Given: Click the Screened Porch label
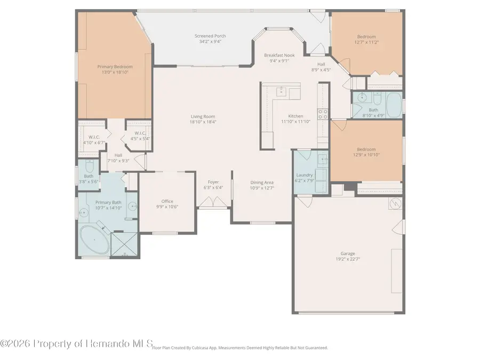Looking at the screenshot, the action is pyautogui.click(x=210, y=36).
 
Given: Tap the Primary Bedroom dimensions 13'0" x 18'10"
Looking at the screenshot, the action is pyautogui.click(x=115, y=72).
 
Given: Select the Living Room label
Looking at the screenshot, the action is pyautogui.click(x=203, y=116).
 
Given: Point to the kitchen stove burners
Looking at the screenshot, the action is pyautogui.click(x=323, y=114).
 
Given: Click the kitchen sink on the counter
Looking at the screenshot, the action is pyautogui.click(x=281, y=91).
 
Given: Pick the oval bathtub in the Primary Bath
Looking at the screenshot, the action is pyautogui.click(x=94, y=240).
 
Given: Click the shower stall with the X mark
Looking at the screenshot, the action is pyautogui.click(x=124, y=244).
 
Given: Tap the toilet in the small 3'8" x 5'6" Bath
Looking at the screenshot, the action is pyautogui.click(x=90, y=166).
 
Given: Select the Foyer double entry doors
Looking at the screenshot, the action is pyautogui.click(x=213, y=202).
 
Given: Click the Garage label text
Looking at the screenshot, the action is pyautogui.click(x=348, y=253).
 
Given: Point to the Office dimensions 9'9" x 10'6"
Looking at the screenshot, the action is pyautogui.click(x=167, y=206).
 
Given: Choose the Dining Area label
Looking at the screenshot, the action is pyautogui.click(x=262, y=182).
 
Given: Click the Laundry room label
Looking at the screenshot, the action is pyautogui.click(x=305, y=175).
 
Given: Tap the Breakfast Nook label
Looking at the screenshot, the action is pyautogui.click(x=279, y=55).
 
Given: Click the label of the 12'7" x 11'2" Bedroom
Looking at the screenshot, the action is pyautogui.click(x=366, y=36).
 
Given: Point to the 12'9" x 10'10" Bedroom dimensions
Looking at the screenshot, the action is pyautogui.click(x=366, y=155).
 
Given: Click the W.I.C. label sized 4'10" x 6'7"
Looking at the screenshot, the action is pyautogui.click(x=94, y=137).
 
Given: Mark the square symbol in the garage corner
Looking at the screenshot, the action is pyautogui.click(x=395, y=204).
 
